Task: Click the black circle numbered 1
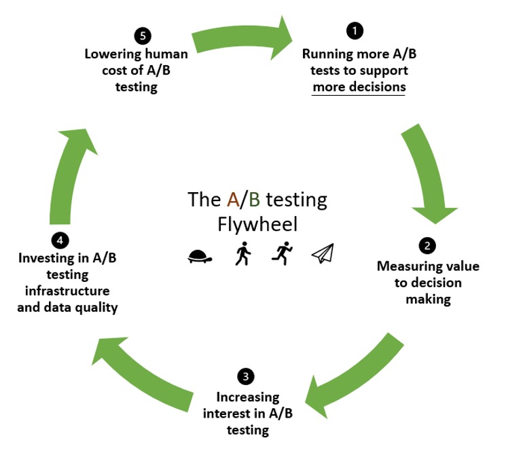(x=355, y=31)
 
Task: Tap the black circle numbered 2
(x=427, y=246)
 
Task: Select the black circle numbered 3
(x=246, y=377)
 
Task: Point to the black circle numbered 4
(x=60, y=240)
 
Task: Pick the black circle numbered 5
(x=143, y=36)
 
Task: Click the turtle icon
(x=200, y=256)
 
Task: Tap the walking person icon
(x=243, y=253)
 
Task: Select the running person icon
(x=282, y=253)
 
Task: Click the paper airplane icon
(x=323, y=253)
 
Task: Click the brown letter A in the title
(x=233, y=200)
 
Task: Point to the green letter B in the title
(x=254, y=200)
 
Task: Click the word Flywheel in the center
(x=257, y=224)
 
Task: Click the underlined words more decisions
(x=359, y=87)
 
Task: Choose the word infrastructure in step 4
(x=67, y=291)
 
